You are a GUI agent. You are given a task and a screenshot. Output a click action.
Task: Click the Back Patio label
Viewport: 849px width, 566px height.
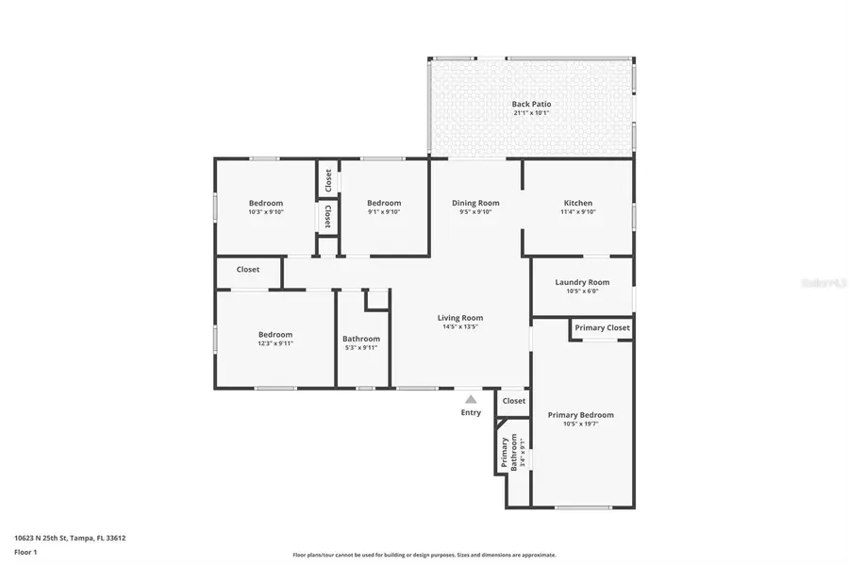531,104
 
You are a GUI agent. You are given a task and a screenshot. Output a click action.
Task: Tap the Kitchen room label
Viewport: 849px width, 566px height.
578,203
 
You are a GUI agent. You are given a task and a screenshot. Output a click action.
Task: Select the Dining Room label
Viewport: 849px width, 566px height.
475,203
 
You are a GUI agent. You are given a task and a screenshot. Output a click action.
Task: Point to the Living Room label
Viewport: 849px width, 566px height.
460,318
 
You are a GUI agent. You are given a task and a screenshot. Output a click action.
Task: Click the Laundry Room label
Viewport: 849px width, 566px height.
582,282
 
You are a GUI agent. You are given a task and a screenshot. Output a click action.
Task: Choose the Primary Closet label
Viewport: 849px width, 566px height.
602,327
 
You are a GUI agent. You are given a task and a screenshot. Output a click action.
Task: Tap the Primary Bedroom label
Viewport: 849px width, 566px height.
580,415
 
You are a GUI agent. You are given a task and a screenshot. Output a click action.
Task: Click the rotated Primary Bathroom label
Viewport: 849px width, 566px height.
505,453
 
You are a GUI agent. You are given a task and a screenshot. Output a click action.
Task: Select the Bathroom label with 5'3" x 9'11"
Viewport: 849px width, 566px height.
361,339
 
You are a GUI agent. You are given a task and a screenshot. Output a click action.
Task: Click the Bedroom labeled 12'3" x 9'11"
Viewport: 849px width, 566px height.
275,334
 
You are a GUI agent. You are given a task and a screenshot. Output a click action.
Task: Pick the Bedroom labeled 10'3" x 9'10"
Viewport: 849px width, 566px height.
266,203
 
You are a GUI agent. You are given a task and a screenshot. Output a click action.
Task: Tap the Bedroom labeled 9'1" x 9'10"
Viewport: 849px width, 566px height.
384,203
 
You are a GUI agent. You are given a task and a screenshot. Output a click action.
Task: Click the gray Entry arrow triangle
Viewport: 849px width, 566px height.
471,399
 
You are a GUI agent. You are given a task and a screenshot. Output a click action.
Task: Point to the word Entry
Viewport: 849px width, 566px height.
471,412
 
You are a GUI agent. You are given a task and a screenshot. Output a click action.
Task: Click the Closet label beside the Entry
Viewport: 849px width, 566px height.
514,401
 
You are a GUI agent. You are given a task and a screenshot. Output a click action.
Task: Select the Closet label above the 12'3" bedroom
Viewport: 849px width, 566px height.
248,270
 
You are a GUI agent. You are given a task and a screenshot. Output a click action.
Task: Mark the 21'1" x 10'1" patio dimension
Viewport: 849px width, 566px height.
531,113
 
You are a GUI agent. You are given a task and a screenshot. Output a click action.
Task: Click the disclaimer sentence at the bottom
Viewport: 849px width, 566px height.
424,556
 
